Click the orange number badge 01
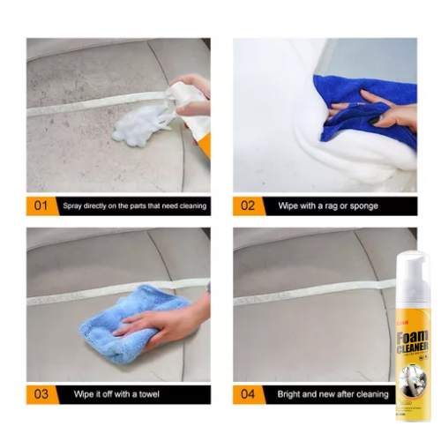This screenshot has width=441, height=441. coord(41,206)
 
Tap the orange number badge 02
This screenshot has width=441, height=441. coord(248,206)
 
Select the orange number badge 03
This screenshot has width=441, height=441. coord(41,393)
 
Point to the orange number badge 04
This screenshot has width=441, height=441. coord(248,393)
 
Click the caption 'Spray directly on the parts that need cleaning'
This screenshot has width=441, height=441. coord(134,206)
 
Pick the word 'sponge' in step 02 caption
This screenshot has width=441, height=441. coord(362,206)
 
